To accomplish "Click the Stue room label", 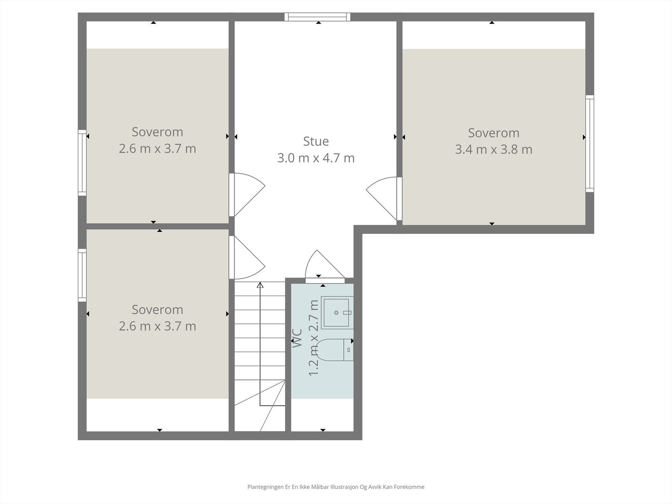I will point(316,141).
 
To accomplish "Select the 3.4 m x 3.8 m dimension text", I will point(493,150).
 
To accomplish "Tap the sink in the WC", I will point(336,313).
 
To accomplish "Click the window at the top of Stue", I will point(318,17).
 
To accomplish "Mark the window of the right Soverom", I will point(590,144).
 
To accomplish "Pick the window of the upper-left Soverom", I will point(82,163).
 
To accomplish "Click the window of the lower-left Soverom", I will point(82,275).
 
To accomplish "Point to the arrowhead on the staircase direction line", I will point(260,286).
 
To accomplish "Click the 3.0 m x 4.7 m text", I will point(316,158).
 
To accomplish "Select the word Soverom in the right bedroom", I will point(493,133).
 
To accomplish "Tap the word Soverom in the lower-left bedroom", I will point(157,310).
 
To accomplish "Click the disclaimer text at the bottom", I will point(336,487).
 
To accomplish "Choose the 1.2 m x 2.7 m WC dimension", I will point(314,338).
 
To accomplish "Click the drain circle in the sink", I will point(336,313).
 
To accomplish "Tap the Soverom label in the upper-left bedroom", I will point(157,132).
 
